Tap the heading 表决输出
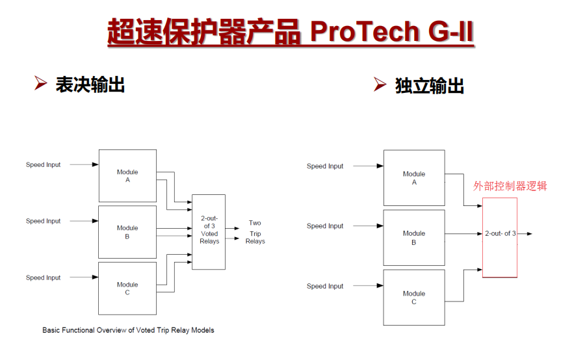[x=90, y=84]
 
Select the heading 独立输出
[x=429, y=86]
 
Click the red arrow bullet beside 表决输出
[x=41, y=83]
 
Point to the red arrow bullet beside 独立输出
[x=380, y=84]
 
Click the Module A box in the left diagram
[x=127, y=175]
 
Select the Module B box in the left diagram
[x=127, y=232]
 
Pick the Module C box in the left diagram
[x=127, y=288]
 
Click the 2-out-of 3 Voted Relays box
[x=209, y=232]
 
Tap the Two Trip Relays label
[x=255, y=232]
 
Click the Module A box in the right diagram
[x=413, y=178]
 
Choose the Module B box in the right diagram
[x=413, y=237]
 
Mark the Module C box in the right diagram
[x=413, y=297]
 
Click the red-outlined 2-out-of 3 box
[x=500, y=237]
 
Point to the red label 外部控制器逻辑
[x=510, y=186]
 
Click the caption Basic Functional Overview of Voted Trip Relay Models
[x=128, y=330]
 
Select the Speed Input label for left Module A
[x=44, y=165]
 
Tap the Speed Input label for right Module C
[x=325, y=287]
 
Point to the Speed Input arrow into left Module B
[x=84, y=221]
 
